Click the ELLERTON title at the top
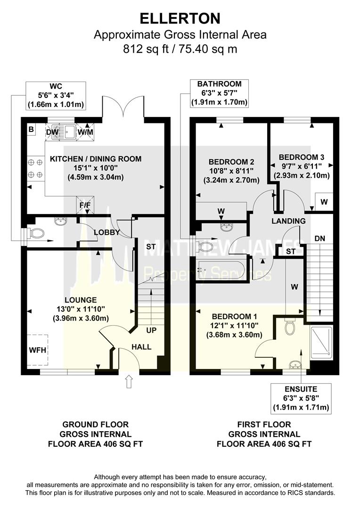click(180, 18)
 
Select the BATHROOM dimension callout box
click(219, 93)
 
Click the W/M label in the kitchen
click(85, 133)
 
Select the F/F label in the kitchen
click(85, 205)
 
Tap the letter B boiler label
click(31, 129)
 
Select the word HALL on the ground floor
click(141, 347)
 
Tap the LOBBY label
click(106, 232)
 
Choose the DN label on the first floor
click(319, 239)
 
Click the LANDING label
click(288, 221)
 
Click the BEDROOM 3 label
click(302, 157)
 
